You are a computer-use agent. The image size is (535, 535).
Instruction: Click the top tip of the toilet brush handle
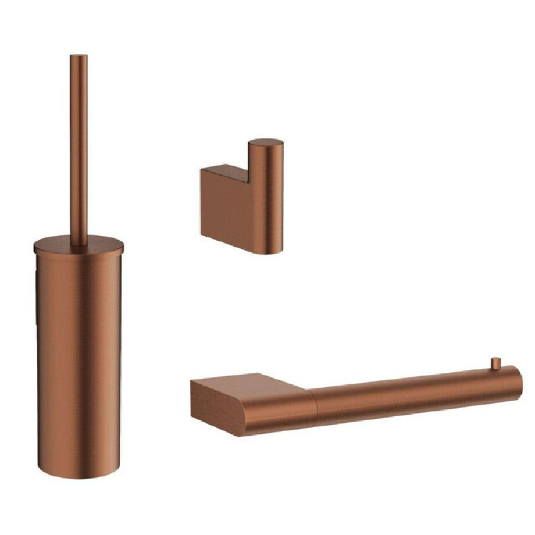coord(79,56)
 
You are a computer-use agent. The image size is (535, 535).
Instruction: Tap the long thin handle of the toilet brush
coord(79,145)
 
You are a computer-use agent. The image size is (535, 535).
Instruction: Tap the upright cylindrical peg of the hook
coord(266,198)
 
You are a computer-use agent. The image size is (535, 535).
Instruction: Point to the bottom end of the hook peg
coord(266,251)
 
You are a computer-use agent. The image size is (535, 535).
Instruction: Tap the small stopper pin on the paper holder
coord(495,363)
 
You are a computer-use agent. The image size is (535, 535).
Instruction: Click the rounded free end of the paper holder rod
coord(518,384)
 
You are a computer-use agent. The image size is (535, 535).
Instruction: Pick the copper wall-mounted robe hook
coord(244,198)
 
